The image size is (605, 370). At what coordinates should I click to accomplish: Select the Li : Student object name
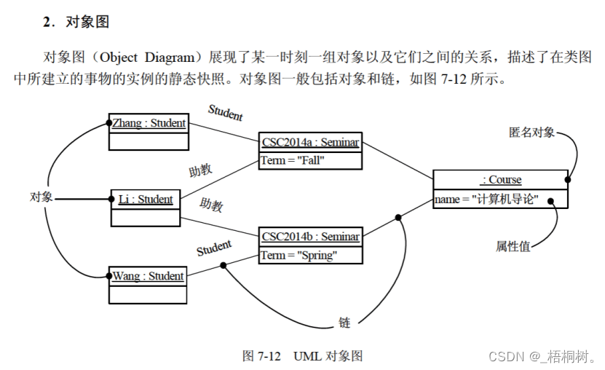click(x=146, y=199)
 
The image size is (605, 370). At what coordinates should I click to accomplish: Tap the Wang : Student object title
click(x=148, y=276)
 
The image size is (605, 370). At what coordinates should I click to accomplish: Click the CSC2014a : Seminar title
click(x=310, y=142)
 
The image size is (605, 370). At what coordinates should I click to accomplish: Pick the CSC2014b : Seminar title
click(x=310, y=236)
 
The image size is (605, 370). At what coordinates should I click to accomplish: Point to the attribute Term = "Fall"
click(x=292, y=160)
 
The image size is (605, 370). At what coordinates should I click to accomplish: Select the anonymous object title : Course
click(x=501, y=179)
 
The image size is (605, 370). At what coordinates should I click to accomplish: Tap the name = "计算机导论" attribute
click(x=486, y=199)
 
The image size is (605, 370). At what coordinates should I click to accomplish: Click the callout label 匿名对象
click(x=531, y=132)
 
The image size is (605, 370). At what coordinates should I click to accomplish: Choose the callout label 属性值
click(x=513, y=246)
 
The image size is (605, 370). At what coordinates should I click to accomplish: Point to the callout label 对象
click(x=40, y=197)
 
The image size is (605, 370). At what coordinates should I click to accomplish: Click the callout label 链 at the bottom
click(x=344, y=322)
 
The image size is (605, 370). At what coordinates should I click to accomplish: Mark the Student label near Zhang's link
click(x=226, y=112)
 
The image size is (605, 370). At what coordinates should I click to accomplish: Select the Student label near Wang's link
click(x=214, y=248)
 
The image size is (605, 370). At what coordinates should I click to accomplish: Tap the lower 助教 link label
click(x=212, y=205)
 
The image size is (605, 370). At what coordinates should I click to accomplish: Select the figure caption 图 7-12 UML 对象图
click(x=302, y=355)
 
